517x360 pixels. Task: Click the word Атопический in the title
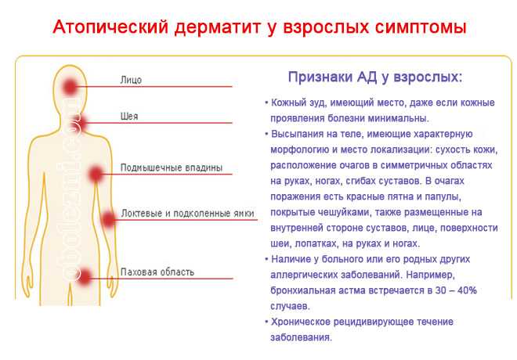click(x=110, y=27)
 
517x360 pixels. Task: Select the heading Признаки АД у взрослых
click(x=375, y=77)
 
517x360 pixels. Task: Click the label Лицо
click(x=131, y=80)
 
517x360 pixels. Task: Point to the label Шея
click(x=129, y=117)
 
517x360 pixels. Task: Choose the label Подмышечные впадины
click(x=172, y=167)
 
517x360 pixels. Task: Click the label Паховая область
click(x=157, y=272)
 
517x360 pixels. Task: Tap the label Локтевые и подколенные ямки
click(x=188, y=214)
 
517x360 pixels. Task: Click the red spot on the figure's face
click(x=70, y=87)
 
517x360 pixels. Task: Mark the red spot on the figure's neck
click(x=79, y=124)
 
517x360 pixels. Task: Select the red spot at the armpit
click(x=96, y=174)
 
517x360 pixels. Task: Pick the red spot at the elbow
click(x=108, y=219)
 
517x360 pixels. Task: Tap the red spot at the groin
click(x=85, y=277)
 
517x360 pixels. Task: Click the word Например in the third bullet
click(x=430, y=275)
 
